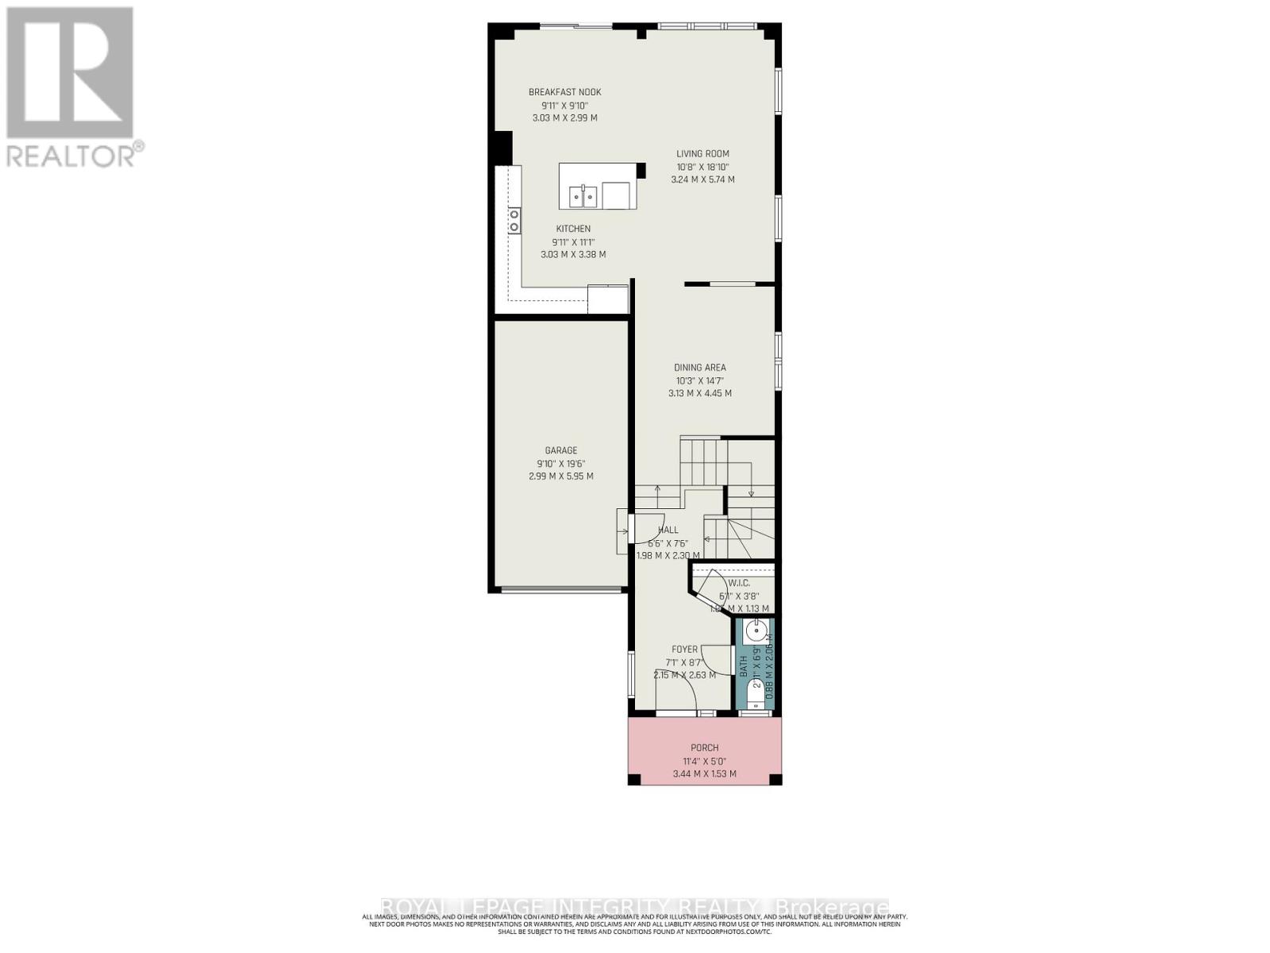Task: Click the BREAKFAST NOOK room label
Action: pos(564,92)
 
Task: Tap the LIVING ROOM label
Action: pos(702,154)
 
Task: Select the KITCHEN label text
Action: pos(573,229)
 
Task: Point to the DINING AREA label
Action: pos(700,368)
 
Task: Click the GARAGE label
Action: pos(561,450)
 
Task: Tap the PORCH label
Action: pos(705,748)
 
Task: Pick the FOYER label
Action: pos(684,650)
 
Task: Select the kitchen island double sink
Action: pos(583,195)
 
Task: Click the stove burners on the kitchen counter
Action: pos(514,220)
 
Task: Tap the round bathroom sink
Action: pos(756,633)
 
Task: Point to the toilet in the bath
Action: pos(756,696)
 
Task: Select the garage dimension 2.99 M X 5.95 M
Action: pos(561,476)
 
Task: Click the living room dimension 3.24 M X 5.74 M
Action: pos(702,179)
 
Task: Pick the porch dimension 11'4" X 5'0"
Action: pos(705,761)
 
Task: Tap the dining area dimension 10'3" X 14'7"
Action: pos(700,380)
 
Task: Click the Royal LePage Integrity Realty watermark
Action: pos(635,907)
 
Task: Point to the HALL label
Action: pos(668,530)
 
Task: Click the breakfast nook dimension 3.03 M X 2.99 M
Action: pos(564,118)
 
